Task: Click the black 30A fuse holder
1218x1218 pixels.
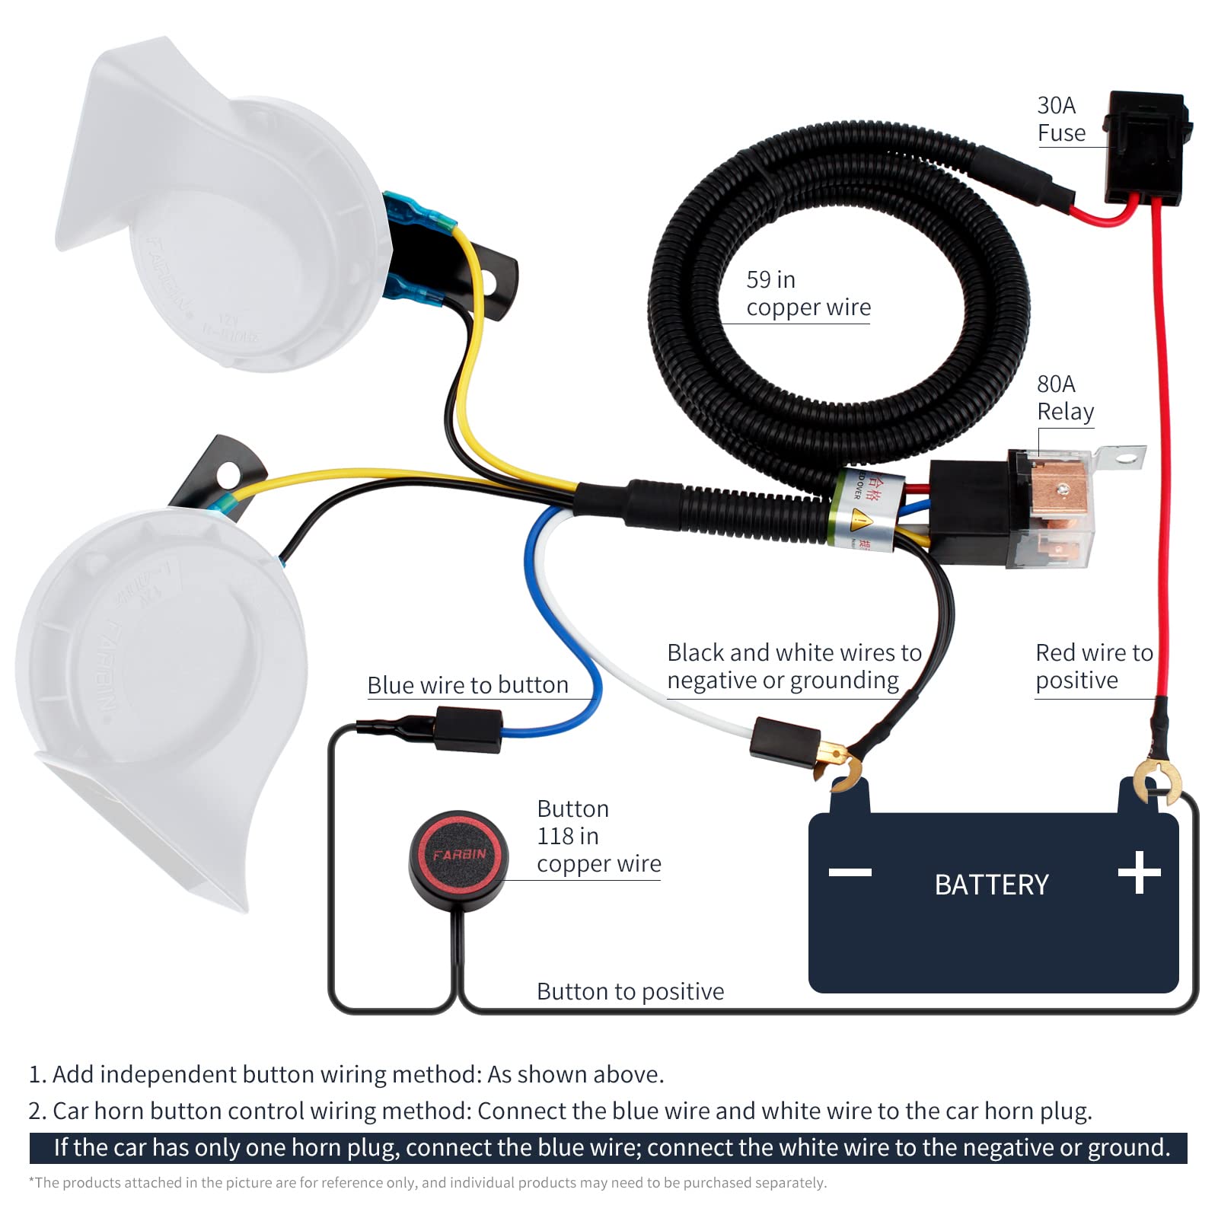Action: tap(1145, 148)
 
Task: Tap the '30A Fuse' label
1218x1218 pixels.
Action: tap(1060, 120)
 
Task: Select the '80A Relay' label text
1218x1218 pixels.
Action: tap(1065, 397)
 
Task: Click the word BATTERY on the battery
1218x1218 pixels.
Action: tap(991, 885)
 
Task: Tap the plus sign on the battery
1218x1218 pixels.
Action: tap(1139, 872)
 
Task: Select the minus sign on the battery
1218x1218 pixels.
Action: tap(850, 872)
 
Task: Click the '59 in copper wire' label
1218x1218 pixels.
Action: tap(808, 294)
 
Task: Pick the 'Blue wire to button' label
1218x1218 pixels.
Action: tap(467, 685)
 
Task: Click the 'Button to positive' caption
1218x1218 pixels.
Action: tap(630, 991)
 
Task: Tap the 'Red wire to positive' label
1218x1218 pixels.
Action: tap(1094, 666)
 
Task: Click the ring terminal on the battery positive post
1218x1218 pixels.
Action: tap(1157, 780)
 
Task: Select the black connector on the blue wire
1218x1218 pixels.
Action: tap(468, 729)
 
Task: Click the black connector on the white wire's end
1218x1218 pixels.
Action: tap(785, 738)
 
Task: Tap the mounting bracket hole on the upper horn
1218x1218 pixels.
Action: tap(488, 285)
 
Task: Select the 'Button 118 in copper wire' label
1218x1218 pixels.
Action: tap(598, 836)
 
